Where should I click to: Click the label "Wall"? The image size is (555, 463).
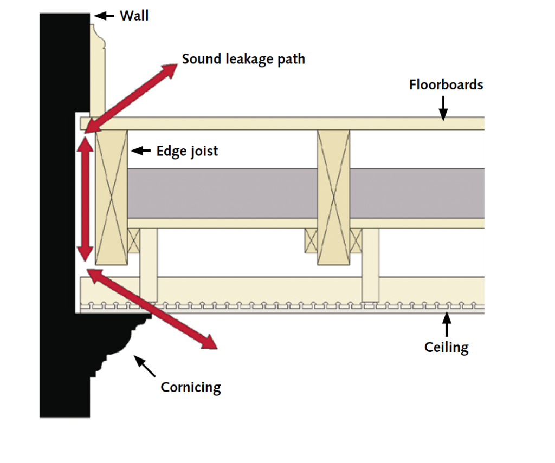pos(134,15)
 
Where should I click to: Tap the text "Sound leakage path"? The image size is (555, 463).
pos(243,58)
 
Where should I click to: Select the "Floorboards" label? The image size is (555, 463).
pos(446,84)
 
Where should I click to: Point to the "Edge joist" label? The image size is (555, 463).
pos(187,151)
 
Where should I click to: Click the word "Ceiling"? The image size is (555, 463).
pos(446,347)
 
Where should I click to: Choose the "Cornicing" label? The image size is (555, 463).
pos(191,387)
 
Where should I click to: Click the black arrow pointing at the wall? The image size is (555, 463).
pos(106,16)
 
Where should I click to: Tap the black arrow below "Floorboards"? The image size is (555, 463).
pos(443,107)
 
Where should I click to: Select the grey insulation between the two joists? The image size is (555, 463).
pos(222,193)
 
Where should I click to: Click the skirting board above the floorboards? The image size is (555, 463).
pos(98,70)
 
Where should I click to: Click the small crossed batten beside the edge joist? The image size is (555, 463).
pos(134,240)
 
